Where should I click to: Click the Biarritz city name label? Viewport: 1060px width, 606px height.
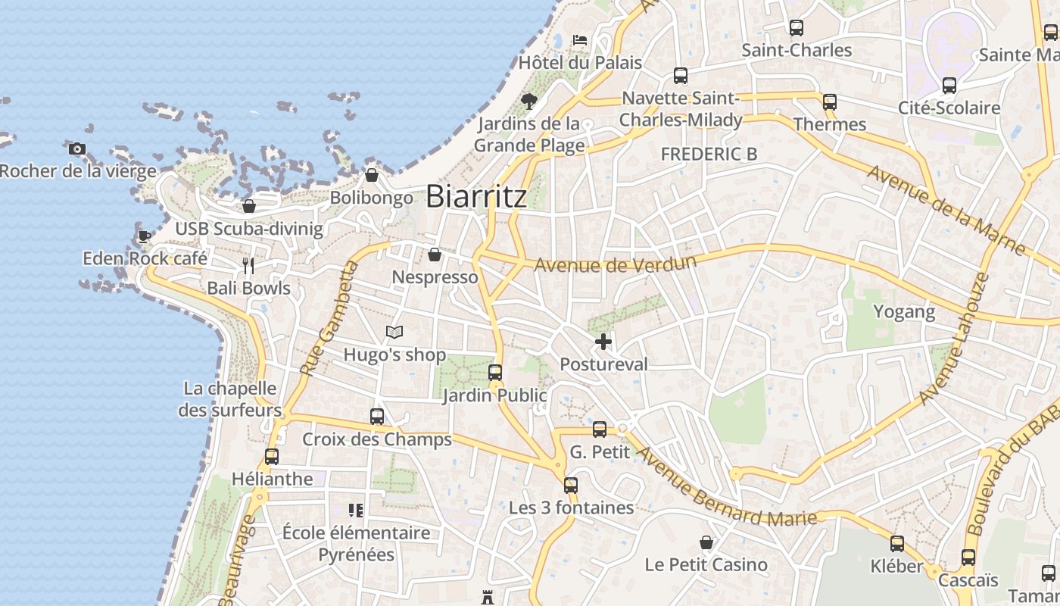pos(476,196)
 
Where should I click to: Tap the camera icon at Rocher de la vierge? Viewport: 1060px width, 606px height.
pos(76,148)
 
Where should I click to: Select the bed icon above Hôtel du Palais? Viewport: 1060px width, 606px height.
pos(580,39)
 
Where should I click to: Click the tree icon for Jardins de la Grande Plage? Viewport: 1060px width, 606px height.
pos(529,100)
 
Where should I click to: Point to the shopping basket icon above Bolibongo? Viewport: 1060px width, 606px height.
pos(372,175)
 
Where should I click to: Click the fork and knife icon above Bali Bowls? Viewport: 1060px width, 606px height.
pos(248,265)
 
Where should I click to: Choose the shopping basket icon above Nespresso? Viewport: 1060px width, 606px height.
pos(435,255)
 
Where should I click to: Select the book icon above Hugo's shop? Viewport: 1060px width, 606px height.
pos(394,332)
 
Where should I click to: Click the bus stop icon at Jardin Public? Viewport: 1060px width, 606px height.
pos(495,372)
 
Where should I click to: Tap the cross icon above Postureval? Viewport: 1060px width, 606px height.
pos(603,342)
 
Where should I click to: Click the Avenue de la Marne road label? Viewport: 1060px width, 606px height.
pos(946,209)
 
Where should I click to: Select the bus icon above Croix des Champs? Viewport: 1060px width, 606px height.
pos(377,416)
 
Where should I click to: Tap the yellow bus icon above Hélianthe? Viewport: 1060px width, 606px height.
pos(272,456)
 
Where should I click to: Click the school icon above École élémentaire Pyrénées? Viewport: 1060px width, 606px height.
pos(356,511)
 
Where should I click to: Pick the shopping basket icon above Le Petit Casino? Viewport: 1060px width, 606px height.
pos(706,542)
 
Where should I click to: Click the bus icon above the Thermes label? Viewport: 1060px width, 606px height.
pos(830,102)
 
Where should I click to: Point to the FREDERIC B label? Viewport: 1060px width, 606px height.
pos(709,154)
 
